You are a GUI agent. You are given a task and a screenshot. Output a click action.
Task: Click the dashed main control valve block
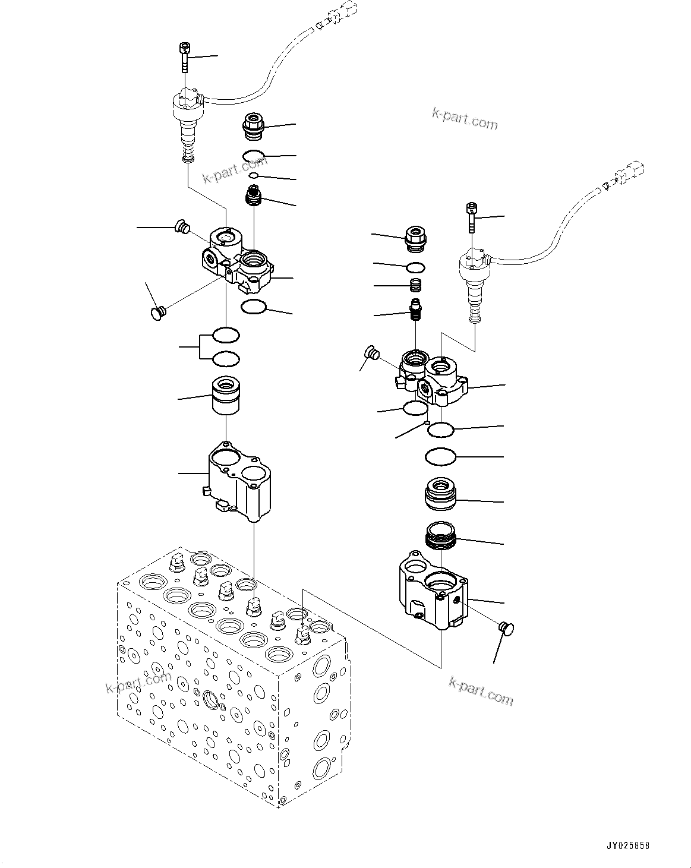(x=232, y=677)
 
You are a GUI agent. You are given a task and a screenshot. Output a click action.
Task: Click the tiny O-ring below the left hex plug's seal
(x=254, y=176)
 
